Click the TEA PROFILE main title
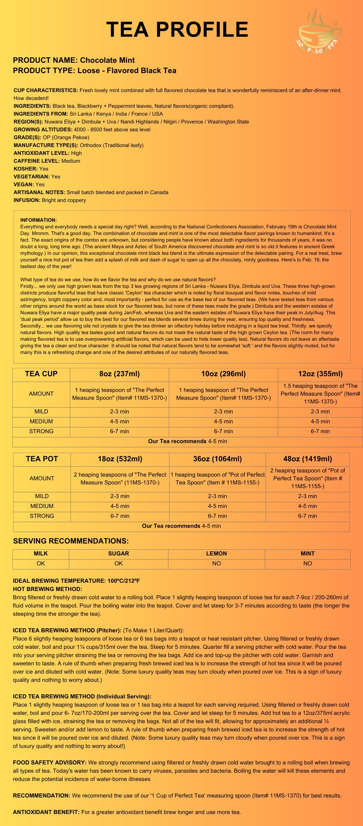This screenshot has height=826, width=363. coord(177,30)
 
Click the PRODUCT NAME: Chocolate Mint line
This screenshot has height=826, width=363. coord(74,60)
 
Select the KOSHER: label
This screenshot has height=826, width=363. coord(26,169)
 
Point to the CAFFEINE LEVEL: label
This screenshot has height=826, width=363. coord(37,161)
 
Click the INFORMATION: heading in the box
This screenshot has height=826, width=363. coord(38,220)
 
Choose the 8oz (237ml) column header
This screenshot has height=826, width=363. coord(120,374)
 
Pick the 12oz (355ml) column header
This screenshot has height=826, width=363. coord(320,374)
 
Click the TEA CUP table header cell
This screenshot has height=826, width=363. coord(41,374)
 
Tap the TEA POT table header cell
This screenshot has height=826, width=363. coord(42,459)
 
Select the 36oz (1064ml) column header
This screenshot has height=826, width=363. coord(217,459)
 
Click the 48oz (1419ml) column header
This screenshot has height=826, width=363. coord(308,459)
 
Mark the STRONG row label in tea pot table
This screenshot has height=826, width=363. coord(42,516)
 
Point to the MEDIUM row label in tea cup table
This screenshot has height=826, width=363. coord(41,421)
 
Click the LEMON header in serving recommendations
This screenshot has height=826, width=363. coord(217,553)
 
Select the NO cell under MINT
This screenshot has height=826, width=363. coord(308,563)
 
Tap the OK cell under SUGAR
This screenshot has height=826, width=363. coord(118,563)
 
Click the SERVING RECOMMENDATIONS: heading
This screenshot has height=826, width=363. coord(71,541)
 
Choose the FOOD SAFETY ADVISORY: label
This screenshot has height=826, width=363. coord(49,762)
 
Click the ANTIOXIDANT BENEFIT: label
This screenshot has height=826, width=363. coord(46,812)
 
